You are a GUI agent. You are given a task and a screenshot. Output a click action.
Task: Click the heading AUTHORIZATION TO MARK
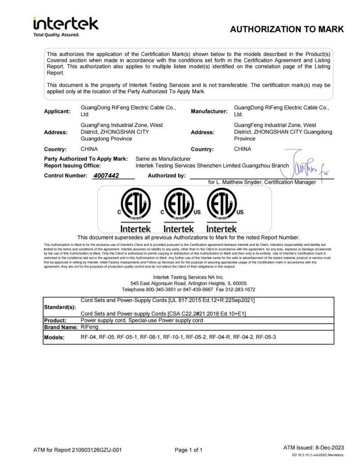coord(287,29)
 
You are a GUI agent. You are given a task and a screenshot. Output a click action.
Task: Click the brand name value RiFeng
coord(89,327)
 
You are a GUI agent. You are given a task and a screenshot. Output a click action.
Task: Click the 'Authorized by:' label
coord(166,176)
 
